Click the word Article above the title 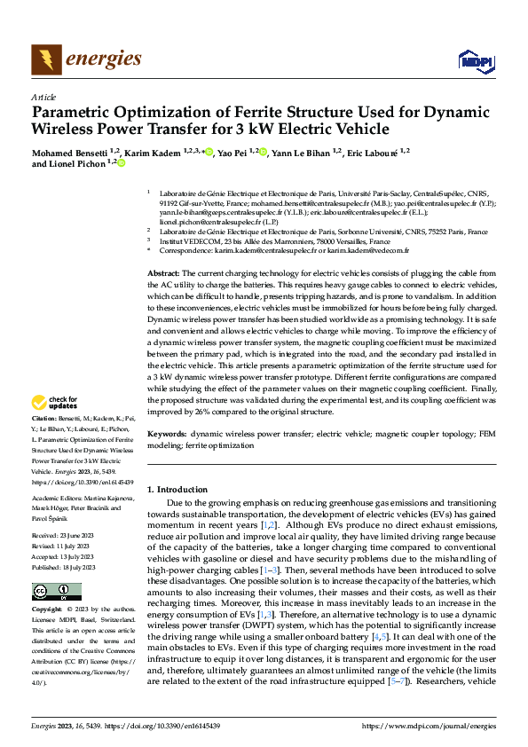pyautogui.click(x=43, y=97)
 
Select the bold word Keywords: pyautogui.click(x=167, y=435)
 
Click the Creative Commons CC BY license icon pyautogui.click(x=57, y=591)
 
